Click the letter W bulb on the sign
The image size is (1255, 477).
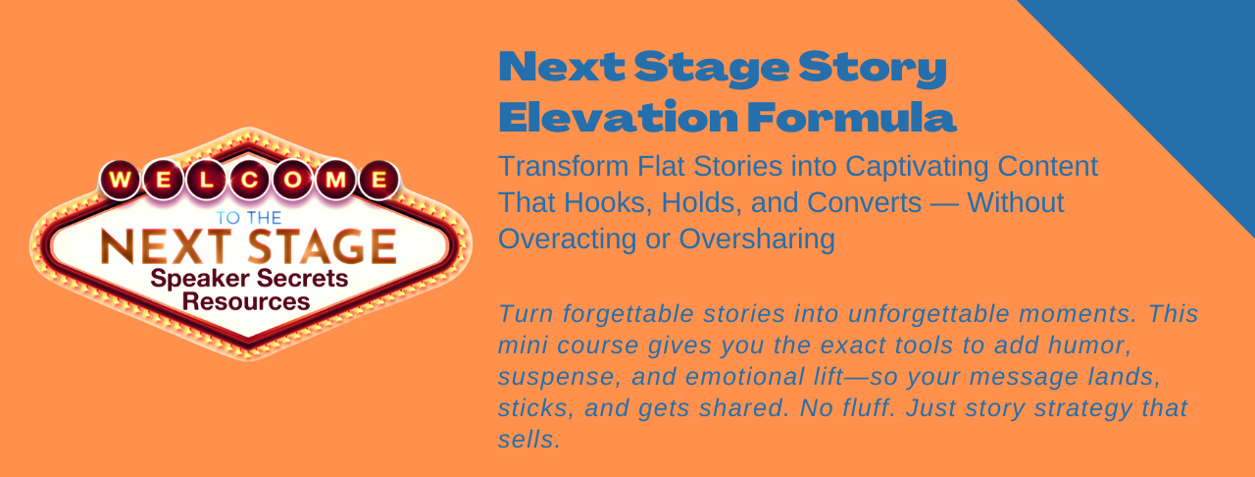pyautogui.click(x=121, y=181)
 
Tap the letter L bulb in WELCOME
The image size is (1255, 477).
pyautogui.click(x=207, y=181)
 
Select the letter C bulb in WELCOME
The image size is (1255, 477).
pyautogui.click(x=250, y=181)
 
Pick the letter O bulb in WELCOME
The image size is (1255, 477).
pyautogui.click(x=292, y=181)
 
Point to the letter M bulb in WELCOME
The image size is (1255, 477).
pyautogui.click(x=335, y=181)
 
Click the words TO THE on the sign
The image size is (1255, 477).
pyautogui.click(x=249, y=218)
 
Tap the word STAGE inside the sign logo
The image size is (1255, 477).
pyautogui.click(x=323, y=246)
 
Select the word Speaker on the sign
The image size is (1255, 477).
pyautogui.click(x=200, y=279)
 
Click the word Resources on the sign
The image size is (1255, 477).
pyautogui.click(x=246, y=302)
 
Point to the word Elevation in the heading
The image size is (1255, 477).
pyautogui.click(x=618, y=117)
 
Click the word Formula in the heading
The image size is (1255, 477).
pyautogui.click(x=852, y=117)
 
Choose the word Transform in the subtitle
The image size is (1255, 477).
pyautogui.click(x=564, y=167)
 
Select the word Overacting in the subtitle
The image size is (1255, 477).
pyautogui.click(x=568, y=239)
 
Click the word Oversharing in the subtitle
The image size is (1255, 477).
pyautogui.click(x=757, y=239)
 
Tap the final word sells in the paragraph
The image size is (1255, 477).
pyautogui.click(x=528, y=440)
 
